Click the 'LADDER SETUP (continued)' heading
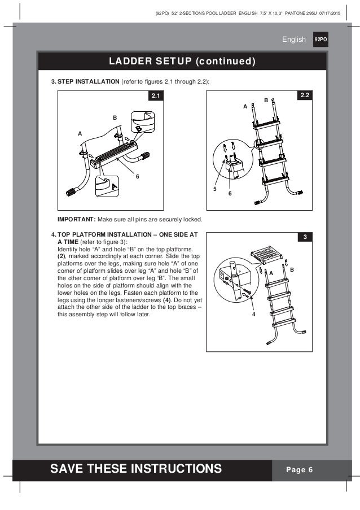click(180, 60)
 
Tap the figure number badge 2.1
click(155, 97)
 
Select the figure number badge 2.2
click(304, 97)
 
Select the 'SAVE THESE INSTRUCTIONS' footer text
click(136, 468)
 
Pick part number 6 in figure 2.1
click(136, 176)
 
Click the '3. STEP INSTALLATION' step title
click(85, 82)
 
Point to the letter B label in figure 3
click(292, 271)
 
